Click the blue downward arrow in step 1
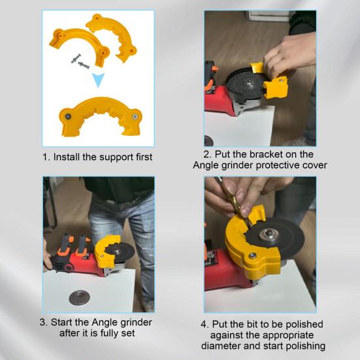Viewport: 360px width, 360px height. pos(98,80)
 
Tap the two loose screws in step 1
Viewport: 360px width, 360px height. pos(80,61)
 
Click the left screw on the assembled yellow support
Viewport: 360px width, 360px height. pos(68,116)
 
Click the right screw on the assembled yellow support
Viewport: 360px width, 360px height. pos(135,117)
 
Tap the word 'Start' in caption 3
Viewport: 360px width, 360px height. pos(61,322)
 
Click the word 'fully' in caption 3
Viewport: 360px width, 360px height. pos(110,334)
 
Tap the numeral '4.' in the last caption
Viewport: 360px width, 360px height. pos(205,325)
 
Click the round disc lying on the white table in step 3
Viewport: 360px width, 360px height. pos(80,297)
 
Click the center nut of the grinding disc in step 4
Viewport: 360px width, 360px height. pos(269,235)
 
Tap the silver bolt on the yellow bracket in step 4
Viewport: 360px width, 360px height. pos(253,255)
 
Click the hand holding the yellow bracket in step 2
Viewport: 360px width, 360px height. pos(289,54)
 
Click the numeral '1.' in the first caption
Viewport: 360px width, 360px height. pos(46,157)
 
